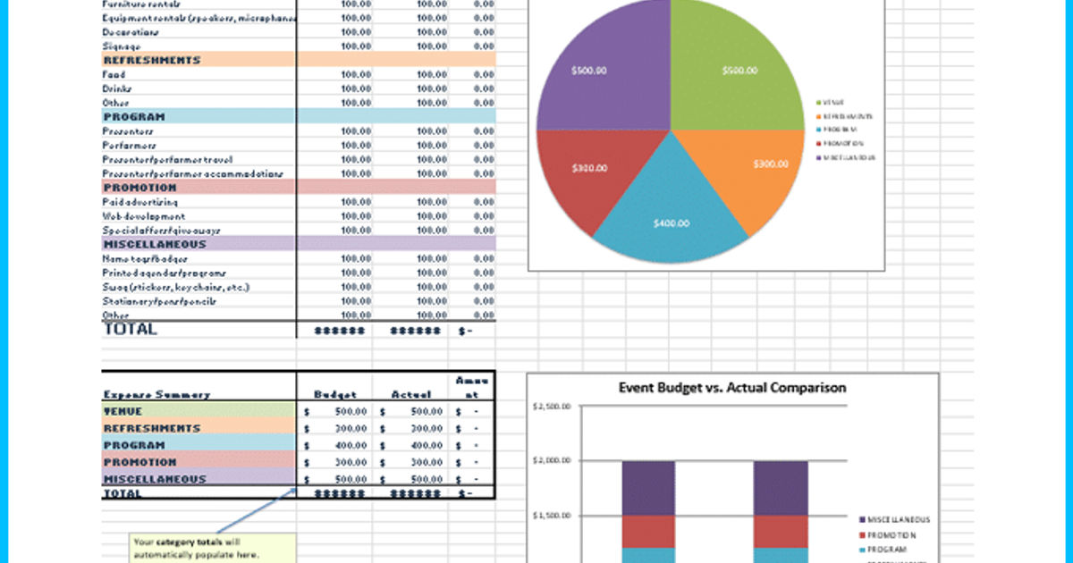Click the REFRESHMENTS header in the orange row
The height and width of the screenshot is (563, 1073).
tap(152, 60)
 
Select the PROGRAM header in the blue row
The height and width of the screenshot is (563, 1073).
tap(134, 116)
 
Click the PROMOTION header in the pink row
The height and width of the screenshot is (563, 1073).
tap(140, 188)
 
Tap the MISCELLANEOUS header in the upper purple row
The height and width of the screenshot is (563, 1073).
tap(155, 244)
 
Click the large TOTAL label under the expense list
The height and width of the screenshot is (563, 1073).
tap(131, 329)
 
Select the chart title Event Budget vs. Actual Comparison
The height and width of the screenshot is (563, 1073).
tap(732, 388)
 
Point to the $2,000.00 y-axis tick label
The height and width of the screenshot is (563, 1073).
tap(551, 461)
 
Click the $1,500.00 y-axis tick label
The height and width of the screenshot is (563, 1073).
tap(551, 516)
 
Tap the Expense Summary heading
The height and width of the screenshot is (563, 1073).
tap(156, 394)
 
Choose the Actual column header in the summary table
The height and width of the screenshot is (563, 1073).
tap(410, 394)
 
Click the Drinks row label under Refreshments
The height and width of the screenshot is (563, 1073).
tap(117, 88)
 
